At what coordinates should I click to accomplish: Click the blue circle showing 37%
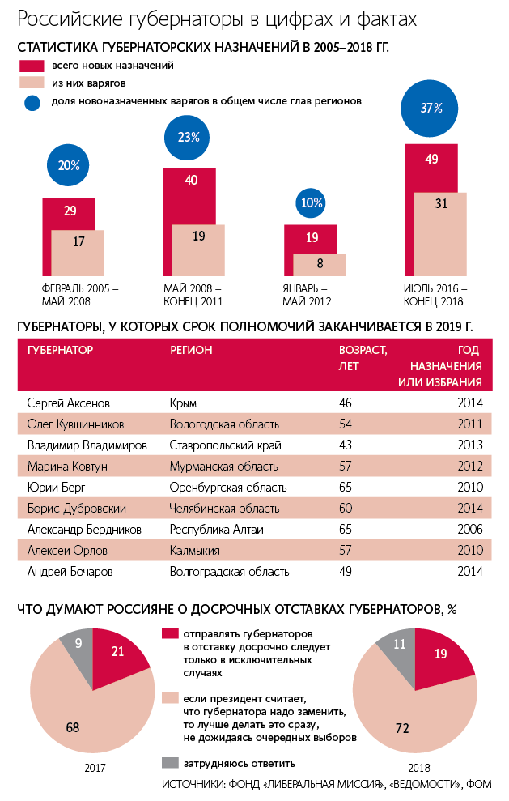[431, 108]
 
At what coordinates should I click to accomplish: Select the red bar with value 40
[191, 194]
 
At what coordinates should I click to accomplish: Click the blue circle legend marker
[32, 102]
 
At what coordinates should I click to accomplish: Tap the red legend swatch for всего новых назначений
[32, 66]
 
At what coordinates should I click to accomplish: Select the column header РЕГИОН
[191, 350]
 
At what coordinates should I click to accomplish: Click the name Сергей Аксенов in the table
[68, 403]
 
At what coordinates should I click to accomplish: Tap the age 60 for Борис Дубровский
[346, 508]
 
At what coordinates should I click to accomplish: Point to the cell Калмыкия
[196, 550]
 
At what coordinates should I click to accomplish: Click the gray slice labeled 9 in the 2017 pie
[78, 644]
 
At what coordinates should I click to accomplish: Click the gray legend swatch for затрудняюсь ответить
[170, 762]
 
